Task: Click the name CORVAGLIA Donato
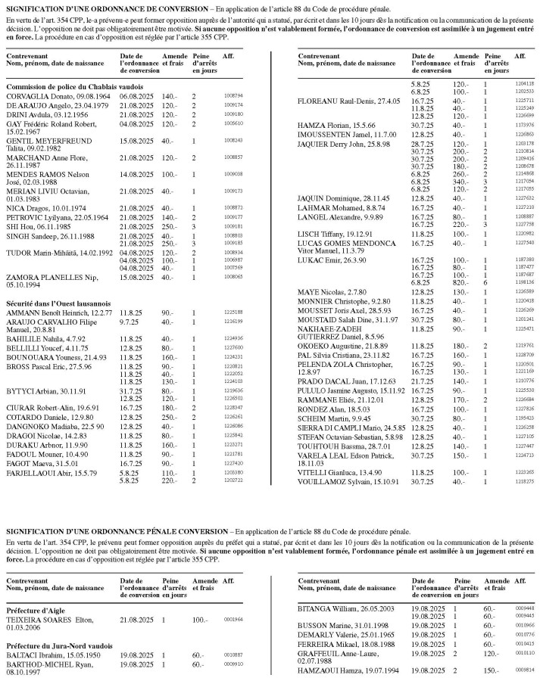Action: tap(36, 96)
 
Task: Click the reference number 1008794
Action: tap(233, 96)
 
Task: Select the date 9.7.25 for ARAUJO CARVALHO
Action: tap(130, 322)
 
